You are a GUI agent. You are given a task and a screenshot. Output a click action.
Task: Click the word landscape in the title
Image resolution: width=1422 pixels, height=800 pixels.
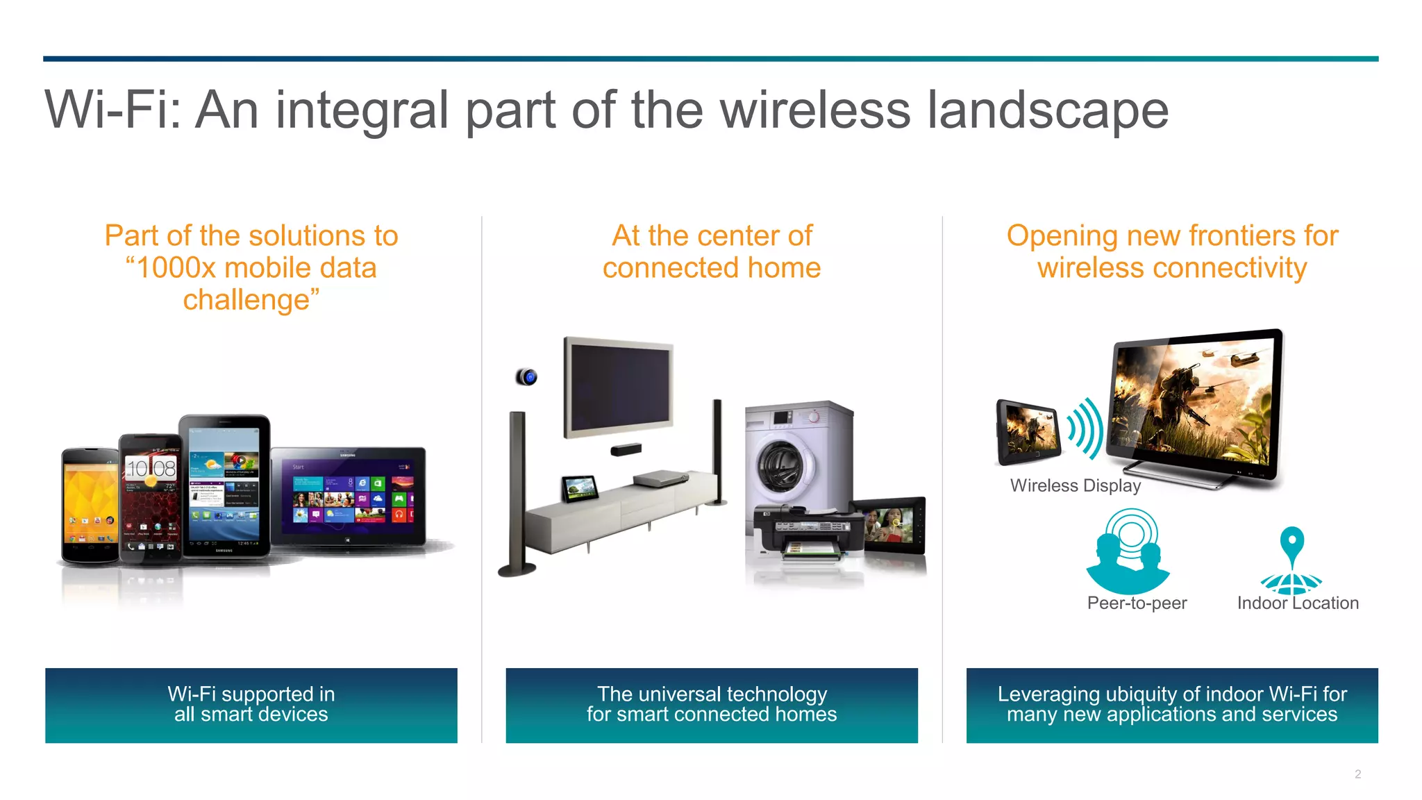pos(1048,110)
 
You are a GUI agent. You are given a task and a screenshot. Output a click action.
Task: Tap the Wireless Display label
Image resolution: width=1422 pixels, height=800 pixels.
pos(1075,485)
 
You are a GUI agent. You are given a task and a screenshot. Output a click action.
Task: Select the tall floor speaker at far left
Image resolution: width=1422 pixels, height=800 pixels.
pos(517,493)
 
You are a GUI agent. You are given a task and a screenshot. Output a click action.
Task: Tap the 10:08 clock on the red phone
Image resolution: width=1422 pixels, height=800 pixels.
pos(151,469)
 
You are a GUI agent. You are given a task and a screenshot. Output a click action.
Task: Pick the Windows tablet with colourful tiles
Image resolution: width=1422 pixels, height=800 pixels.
pos(348,497)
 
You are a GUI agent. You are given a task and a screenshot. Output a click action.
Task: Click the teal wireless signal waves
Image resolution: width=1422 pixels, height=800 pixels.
pos(1085,429)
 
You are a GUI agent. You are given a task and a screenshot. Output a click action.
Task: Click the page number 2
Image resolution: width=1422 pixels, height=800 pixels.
pos(1357,774)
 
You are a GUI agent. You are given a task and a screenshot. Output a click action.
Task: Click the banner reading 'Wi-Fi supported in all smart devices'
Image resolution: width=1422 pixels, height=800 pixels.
pos(251,705)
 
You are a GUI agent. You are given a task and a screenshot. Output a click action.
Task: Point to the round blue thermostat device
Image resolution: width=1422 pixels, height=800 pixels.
pos(527,377)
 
